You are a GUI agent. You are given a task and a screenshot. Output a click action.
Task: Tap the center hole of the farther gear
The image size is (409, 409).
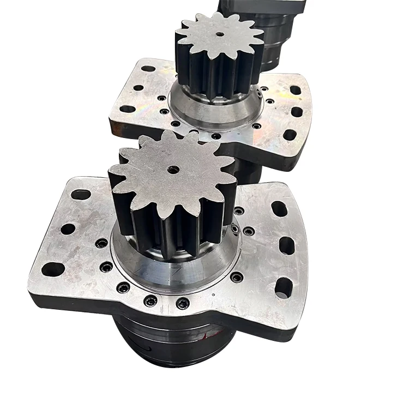(219, 34)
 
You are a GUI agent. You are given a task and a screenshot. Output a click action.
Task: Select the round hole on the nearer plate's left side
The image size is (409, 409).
(68, 229)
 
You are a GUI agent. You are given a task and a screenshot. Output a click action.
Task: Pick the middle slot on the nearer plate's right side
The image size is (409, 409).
(287, 246)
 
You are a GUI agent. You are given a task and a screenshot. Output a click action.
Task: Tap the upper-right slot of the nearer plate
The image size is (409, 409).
(279, 208)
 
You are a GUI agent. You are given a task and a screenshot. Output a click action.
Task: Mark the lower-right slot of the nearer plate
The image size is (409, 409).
(283, 287)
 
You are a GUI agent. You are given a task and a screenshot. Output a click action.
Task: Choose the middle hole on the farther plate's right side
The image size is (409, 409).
(297, 112)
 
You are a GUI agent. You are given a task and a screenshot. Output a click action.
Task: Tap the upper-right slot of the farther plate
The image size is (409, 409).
(295, 90)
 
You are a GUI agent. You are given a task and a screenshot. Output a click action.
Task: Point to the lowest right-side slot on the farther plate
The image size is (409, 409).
(290, 134)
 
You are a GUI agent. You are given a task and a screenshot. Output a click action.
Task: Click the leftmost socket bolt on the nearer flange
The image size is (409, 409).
(101, 243)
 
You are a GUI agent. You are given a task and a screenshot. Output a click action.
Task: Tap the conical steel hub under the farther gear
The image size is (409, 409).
(218, 112)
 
